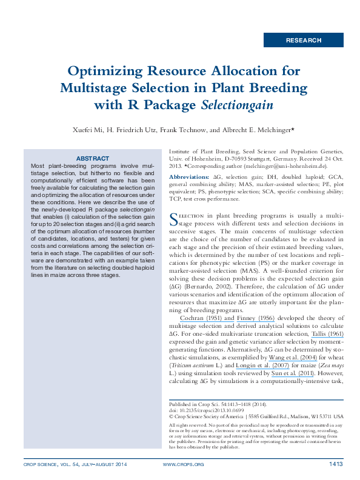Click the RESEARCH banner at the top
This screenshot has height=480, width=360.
point(304,40)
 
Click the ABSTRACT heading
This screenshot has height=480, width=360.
point(92,158)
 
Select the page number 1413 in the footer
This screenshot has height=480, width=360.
point(336,464)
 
